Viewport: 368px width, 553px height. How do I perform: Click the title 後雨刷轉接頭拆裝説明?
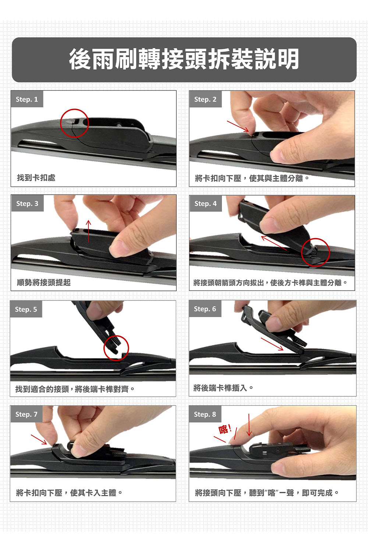[184, 59]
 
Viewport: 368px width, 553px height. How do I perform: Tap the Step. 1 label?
[27, 99]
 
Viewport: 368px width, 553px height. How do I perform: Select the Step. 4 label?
[206, 204]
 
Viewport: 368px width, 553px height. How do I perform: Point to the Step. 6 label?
[205, 309]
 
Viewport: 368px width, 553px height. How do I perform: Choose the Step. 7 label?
[26, 414]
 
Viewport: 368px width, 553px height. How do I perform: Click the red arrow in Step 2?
[238, 126]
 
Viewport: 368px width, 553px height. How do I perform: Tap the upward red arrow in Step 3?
[88, 231]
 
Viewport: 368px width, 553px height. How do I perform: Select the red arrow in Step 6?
[272, 344]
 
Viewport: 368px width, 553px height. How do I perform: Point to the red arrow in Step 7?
[39, 439]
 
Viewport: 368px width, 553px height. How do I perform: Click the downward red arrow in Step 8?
[249, 425]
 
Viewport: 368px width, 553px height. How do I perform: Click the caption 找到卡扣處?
[36, 177]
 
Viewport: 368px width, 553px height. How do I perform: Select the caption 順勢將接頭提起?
[44, 282]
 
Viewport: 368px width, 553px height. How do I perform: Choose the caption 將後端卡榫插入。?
[223, 388]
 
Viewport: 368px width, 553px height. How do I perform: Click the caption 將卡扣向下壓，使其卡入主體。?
[69, 493]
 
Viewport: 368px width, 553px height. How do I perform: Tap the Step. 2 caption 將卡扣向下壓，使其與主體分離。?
[252, 178]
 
